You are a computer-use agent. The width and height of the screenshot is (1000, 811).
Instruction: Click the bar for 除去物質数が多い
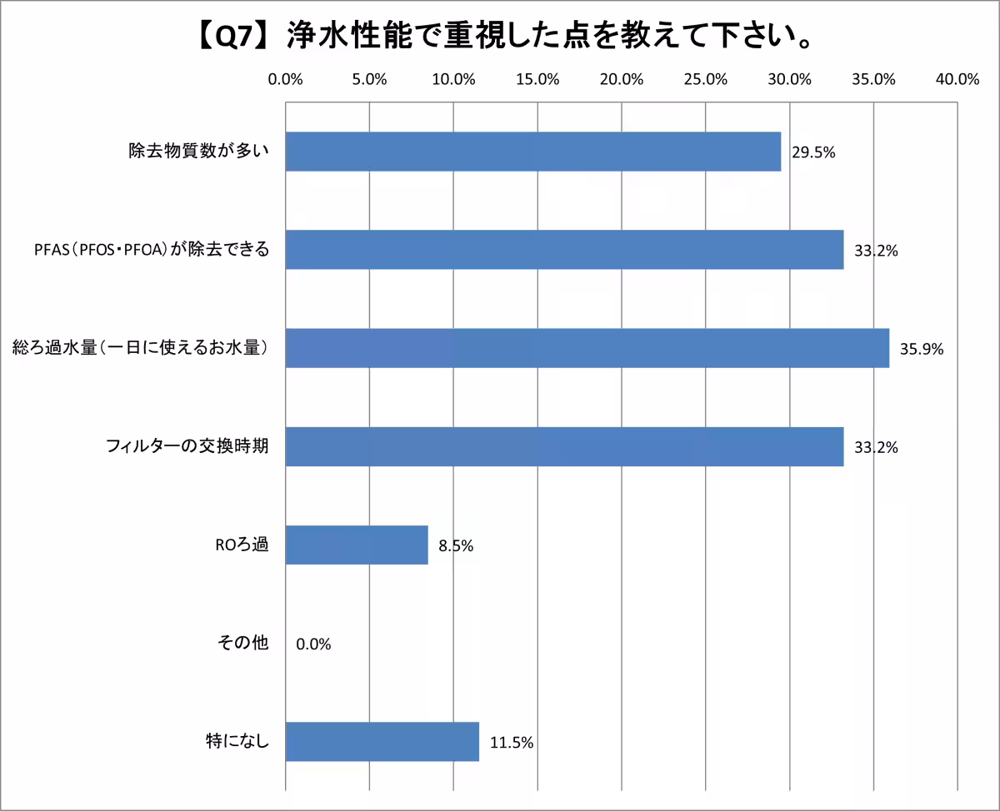coord(533,152)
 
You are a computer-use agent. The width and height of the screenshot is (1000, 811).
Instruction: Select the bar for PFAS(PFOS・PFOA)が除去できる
coord(564,250)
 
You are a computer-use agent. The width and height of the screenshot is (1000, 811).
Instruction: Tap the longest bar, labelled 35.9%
coord(587,348)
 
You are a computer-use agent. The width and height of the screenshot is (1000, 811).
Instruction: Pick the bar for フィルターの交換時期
coord(564,446)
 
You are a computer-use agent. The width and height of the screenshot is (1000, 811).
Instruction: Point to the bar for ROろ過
coord(357,545)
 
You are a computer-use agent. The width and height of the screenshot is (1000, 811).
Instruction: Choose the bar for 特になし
coord(382,741)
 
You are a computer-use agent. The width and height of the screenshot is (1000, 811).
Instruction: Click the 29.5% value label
coord(813,152)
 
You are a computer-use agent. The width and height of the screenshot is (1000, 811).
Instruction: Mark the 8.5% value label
coord(456,546)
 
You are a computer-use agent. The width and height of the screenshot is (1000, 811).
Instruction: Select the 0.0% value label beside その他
coord(313,644)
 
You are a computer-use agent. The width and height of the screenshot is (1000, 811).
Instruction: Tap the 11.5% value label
coord(511,742)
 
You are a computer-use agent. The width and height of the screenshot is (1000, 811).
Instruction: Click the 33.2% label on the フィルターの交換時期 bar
coord(876,448)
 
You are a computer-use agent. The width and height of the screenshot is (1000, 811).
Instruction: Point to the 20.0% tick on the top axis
coord(622,80)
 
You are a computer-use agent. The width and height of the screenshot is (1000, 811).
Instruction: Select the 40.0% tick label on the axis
coord(957,80)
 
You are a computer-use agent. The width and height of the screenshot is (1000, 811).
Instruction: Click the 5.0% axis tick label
coord(369,80)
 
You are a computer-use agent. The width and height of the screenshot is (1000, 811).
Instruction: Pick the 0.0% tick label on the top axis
coord(286,80)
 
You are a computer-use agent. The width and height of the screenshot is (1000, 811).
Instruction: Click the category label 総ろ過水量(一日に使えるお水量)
coord(139,348)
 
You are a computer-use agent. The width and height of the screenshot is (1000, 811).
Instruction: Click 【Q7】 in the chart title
coord(228,37)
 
